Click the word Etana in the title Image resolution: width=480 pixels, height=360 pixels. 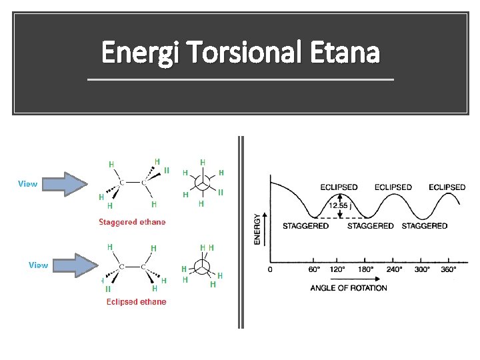(x=347, y=52)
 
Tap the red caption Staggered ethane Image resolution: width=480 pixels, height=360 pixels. (x=132, y=222)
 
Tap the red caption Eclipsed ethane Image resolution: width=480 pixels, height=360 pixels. (x=136, y=302)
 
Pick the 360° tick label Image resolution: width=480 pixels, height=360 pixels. (x=449, y=270)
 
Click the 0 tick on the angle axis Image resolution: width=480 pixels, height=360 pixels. (x=270, y=270)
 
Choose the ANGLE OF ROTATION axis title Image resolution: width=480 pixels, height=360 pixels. (x=349, y=288)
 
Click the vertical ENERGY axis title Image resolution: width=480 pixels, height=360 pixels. (x=257, y=229)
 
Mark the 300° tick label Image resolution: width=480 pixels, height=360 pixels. (x=421, y=270)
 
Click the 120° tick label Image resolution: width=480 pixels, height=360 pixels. (x=339, y=270)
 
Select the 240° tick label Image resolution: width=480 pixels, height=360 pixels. (x=394, y=270)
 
